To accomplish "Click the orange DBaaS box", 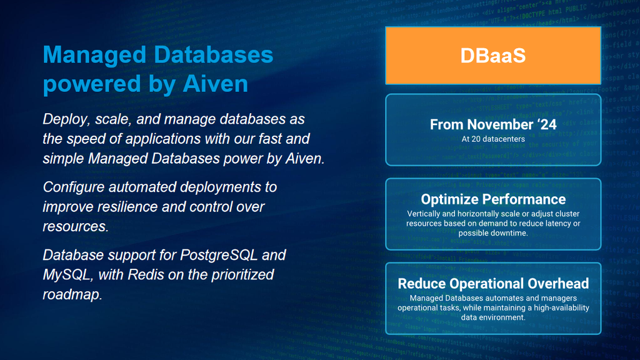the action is [493, 56].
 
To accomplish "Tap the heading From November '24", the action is [493, 124].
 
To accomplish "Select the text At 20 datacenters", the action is [493, 139].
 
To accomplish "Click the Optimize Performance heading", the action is [493, 199].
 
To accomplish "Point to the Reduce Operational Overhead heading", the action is [493, 283].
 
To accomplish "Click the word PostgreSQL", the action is [219, 256].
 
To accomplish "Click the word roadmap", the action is [72, 295].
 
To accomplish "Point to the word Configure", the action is [74, 187].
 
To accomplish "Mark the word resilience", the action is [129, 207].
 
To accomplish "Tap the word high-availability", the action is [556, 307].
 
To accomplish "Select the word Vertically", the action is [423, 214].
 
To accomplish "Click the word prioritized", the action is [242, 275].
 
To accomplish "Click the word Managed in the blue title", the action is [95, 56].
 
